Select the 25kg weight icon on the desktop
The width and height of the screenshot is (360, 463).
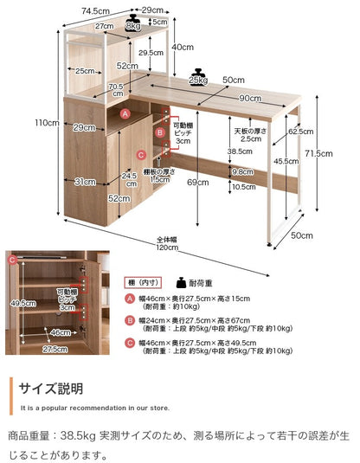tap(200, 77)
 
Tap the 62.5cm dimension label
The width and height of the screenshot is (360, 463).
tap(300, 132)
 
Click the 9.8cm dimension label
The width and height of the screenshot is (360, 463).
tap(241, 171)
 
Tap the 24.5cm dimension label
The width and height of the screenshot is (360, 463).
tap(131, 179)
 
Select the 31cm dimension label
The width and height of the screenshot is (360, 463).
tap(84, 181)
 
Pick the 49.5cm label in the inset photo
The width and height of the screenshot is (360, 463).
tap(22, 303)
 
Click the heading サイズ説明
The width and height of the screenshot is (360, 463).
tap(53, 388)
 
